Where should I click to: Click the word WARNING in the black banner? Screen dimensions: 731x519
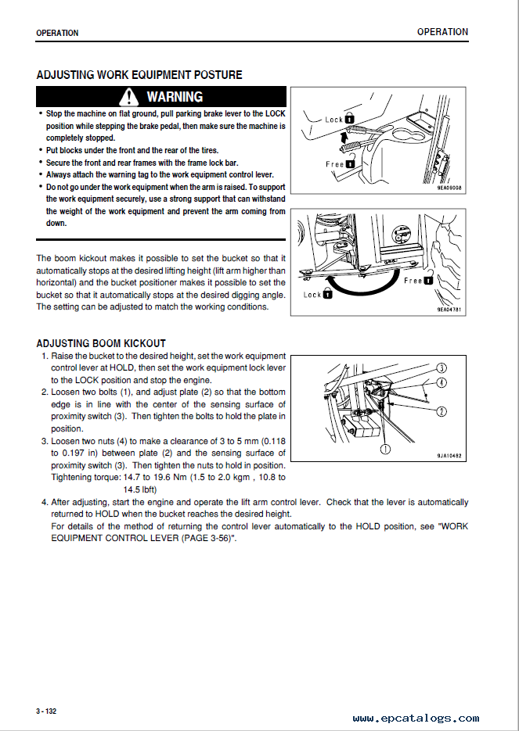[174, 97]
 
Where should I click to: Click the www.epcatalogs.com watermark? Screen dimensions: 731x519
[415, 718]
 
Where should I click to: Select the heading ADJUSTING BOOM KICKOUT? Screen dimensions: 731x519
[101, 343]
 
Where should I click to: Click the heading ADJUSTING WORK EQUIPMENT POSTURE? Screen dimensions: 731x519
[139, 75]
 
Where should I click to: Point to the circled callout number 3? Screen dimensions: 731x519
[442, 367]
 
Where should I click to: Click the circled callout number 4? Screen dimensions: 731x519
[442, 382]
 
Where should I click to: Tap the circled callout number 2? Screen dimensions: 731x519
[442, 411]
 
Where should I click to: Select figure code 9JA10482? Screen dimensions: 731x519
[449, 456]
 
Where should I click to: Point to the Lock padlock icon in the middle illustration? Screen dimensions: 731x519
[328, 295]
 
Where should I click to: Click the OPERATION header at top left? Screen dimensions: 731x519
[57, 34]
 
